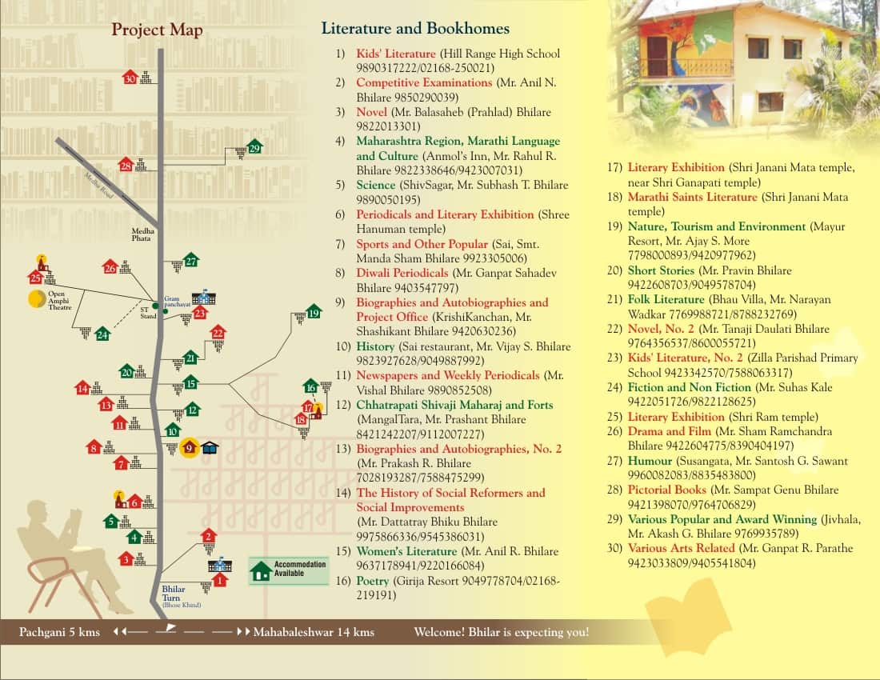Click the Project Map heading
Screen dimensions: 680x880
pos(157,30)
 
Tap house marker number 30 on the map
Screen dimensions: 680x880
pos(130,78)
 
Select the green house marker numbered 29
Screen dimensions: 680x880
pos(254,147)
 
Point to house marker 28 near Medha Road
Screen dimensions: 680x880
pos(126,166)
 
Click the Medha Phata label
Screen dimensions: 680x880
pos(142,234)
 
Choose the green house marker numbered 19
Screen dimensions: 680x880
pos(314,313)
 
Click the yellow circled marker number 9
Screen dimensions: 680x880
pos(190,448)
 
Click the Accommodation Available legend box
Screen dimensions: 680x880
pos(288,570)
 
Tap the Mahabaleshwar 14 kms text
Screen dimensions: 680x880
pos(314,632)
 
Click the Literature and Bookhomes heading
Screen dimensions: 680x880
pos(415,29)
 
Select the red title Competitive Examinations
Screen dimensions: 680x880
pos(424,82)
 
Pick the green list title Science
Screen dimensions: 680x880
pos(376,185)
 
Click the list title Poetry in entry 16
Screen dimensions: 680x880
pos(374,581)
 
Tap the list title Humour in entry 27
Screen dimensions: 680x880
pos(650,461)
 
